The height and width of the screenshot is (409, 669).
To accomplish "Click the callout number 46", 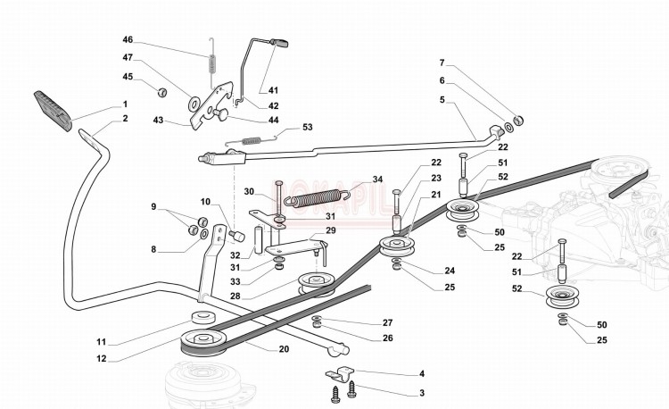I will (128, 40).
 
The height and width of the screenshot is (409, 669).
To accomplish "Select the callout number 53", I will (308, 128).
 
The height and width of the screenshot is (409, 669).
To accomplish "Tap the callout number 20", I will (284, 348).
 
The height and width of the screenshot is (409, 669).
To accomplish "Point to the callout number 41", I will (273, 89).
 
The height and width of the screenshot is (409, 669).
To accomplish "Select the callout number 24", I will (449, 271).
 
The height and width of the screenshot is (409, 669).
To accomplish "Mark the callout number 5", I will (441, 100).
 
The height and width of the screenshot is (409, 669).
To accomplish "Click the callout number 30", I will (249, 190).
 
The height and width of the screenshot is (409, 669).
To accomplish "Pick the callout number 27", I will (387, 321).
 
